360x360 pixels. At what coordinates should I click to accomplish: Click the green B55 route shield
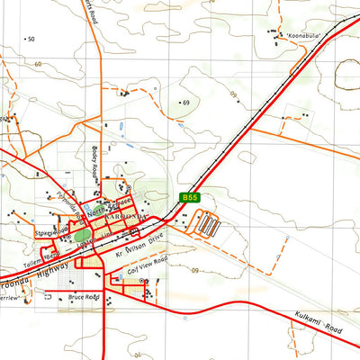click(188, 197)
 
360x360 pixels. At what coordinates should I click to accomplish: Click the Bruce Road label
click(83, 297)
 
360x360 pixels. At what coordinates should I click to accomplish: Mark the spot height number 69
click(186, 103)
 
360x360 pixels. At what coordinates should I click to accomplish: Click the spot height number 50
click(31, 40)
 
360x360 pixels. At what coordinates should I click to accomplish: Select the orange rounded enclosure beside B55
click(206, 225)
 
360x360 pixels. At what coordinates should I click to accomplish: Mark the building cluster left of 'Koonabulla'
click(273, 37)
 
